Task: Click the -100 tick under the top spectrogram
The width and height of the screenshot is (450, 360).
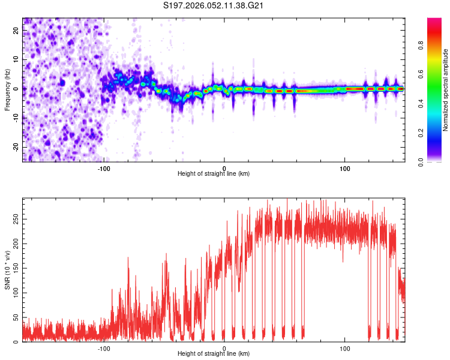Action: (104, 168)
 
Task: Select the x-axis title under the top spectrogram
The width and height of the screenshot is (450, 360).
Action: (214, 174)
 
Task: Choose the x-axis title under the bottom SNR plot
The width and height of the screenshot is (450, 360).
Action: (214, 354)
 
